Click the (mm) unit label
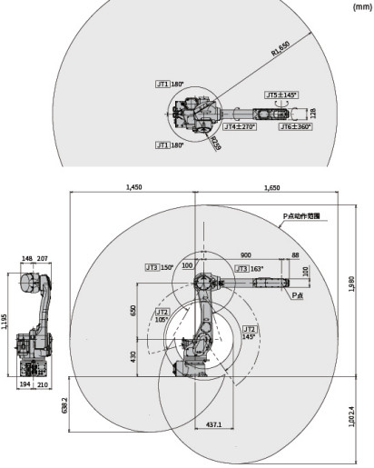coord(359,6)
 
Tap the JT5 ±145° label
coord(281,95)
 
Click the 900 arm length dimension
coord(246,255)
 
